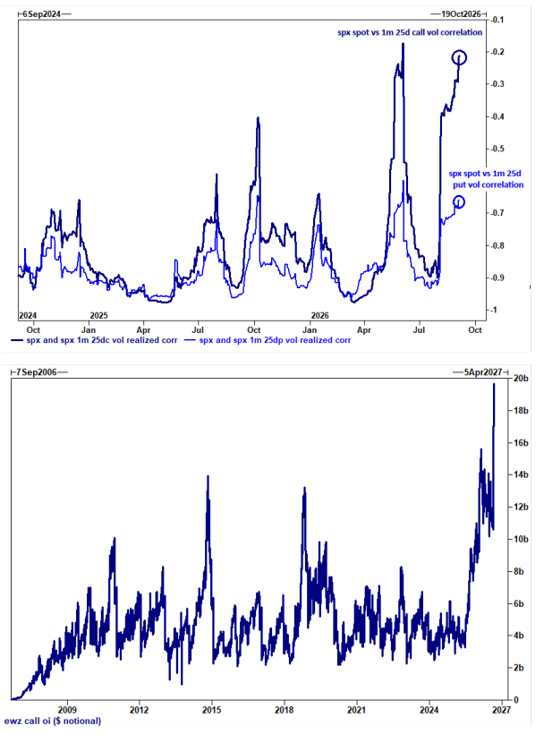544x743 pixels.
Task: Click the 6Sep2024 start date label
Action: (x=42, y=14)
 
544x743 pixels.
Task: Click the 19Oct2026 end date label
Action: (x=461, y=14)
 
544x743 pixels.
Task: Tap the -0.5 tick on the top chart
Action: (x=497, y=149)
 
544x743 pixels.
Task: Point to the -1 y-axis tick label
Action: (x=494, y=310)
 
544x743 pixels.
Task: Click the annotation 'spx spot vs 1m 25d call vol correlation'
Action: (x=410, y=32)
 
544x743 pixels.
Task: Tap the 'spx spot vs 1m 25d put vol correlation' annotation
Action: (x=486, y=179)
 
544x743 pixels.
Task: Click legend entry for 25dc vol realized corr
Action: (x=94, y=340)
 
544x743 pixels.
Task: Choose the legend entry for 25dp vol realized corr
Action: (x=268, y=340)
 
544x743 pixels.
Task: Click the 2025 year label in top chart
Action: (x=98, y=316)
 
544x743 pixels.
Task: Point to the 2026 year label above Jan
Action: (x=319, y=316)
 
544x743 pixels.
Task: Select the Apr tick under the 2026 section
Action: (x=363, y=329)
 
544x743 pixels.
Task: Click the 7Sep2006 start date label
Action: (x=36, y=372)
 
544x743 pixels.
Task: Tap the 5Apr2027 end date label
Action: (x=483, y=372)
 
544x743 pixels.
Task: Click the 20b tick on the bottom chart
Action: (x=521, y=379)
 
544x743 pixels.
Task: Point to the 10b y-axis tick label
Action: (x=521, y=539)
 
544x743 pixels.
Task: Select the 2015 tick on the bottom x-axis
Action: (x=211, y=710)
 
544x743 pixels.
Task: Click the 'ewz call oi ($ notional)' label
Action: (x=53, y=722)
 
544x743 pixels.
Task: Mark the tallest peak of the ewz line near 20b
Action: (x=494, y=384)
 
